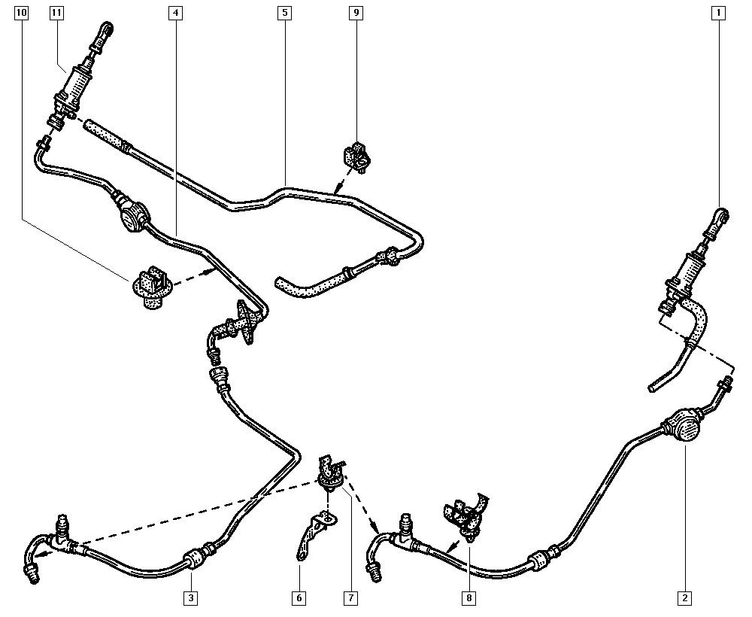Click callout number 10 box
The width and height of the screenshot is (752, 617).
tap(22, 13)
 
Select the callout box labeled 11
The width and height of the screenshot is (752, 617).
tap(56, 13)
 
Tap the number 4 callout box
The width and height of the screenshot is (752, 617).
tap(176, 13)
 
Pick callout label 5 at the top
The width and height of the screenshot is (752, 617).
tap(285, 13)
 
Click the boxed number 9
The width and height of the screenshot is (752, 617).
tap(356, 13)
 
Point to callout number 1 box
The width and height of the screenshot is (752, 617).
tap(718, 13)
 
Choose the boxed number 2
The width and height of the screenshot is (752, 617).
tap(685, 598)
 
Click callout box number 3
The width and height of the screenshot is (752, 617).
tap(191, 598)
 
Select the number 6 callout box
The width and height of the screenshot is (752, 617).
tap(299, 598)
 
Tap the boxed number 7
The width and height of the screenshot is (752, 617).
tap(350, 598)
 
